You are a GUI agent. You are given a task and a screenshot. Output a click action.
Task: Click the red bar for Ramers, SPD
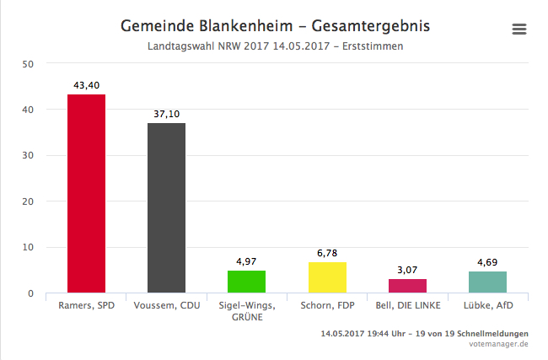point(86,194)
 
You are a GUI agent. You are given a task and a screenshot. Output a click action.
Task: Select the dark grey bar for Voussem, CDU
point(166,208)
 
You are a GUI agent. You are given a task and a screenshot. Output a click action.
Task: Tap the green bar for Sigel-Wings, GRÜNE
point(246,282)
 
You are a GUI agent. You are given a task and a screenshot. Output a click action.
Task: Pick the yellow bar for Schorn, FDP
point(327,278)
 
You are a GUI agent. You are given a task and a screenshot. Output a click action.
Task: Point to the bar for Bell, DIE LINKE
point(407,287)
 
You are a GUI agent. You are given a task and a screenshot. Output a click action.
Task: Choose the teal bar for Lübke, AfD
point(487,282)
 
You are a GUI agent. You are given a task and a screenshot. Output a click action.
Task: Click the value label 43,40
point(86,86)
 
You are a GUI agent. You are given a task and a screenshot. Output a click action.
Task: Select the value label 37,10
point(166,115)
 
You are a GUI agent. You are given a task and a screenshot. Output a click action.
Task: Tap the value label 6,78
point(327,254)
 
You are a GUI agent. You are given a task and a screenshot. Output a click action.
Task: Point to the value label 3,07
point(407,271)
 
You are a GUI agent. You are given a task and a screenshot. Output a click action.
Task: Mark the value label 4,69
point(487,263)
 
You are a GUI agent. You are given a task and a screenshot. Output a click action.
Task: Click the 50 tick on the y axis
point(28,64)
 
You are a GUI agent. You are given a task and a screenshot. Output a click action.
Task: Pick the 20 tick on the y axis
point(28,202)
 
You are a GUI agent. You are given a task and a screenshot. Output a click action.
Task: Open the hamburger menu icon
point(519,29)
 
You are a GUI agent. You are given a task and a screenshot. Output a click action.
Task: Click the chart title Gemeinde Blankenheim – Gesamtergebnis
point(275,26)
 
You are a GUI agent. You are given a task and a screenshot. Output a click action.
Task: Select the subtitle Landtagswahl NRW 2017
point(275,46)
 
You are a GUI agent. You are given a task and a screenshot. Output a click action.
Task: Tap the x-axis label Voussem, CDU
point(166,305)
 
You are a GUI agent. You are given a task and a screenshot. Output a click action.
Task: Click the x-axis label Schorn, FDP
point(327,305)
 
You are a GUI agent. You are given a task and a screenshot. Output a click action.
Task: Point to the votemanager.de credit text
point(500,344)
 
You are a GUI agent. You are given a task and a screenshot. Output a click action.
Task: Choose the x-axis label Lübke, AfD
point(487,305)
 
